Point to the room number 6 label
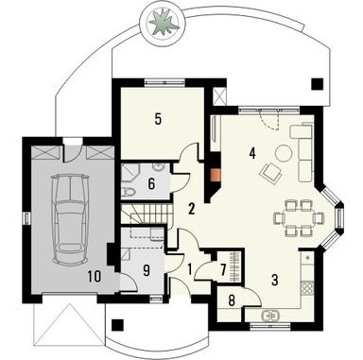(x=151, y=182)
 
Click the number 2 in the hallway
(x=191, y=207)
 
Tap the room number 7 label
(x=223, y=270)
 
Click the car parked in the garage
(x=67, y=215)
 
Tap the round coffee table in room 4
(x=284, y=154)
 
